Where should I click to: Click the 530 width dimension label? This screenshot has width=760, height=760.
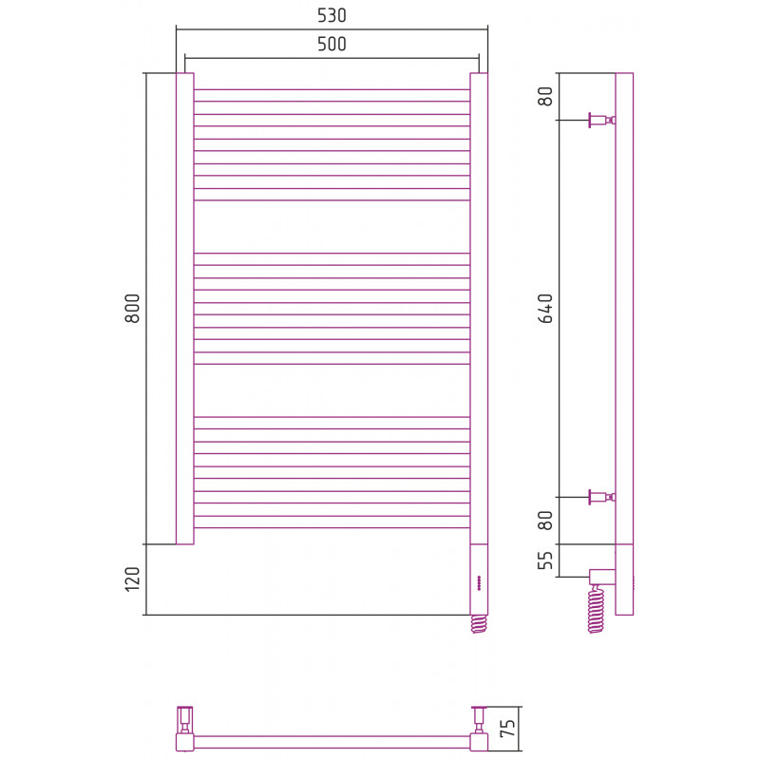[332, 15]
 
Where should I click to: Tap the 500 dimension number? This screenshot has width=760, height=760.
[332, 44]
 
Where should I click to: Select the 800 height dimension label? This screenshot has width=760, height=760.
[132, 308]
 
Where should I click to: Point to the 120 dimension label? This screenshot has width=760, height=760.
[132, 579]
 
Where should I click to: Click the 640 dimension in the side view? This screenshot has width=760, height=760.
[545, 308]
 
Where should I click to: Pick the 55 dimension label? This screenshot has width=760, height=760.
[545, 560]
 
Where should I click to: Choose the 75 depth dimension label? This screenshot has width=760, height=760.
[507, 728]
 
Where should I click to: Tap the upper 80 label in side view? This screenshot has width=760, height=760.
[545, 96]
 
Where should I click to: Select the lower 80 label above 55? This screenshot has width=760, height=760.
[545, 521]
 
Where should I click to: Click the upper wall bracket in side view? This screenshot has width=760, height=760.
[602, 120]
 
